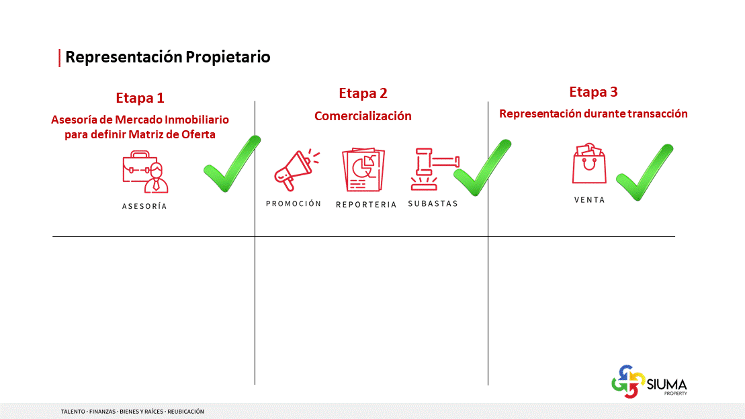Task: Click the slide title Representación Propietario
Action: pos(168,57)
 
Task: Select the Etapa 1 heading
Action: pos(140,98)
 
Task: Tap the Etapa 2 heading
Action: pos(363,93)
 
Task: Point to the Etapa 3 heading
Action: pos(593,92)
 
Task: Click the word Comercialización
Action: pos(363,116)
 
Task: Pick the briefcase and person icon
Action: pos(145,172)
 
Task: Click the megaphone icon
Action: pos(296,170)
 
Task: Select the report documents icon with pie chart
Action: pos(363,170)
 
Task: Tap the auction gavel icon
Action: pos(434,169)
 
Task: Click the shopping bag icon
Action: pos(589,163)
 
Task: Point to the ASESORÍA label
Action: pos(144,206)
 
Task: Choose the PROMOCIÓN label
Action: pos(294,204)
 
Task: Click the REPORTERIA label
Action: pos(366,205)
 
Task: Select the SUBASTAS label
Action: pos(433,204)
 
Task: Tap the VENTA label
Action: pos(590,200)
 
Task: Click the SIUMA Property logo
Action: pos(649,381)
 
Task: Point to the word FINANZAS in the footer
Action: pos(102,412)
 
